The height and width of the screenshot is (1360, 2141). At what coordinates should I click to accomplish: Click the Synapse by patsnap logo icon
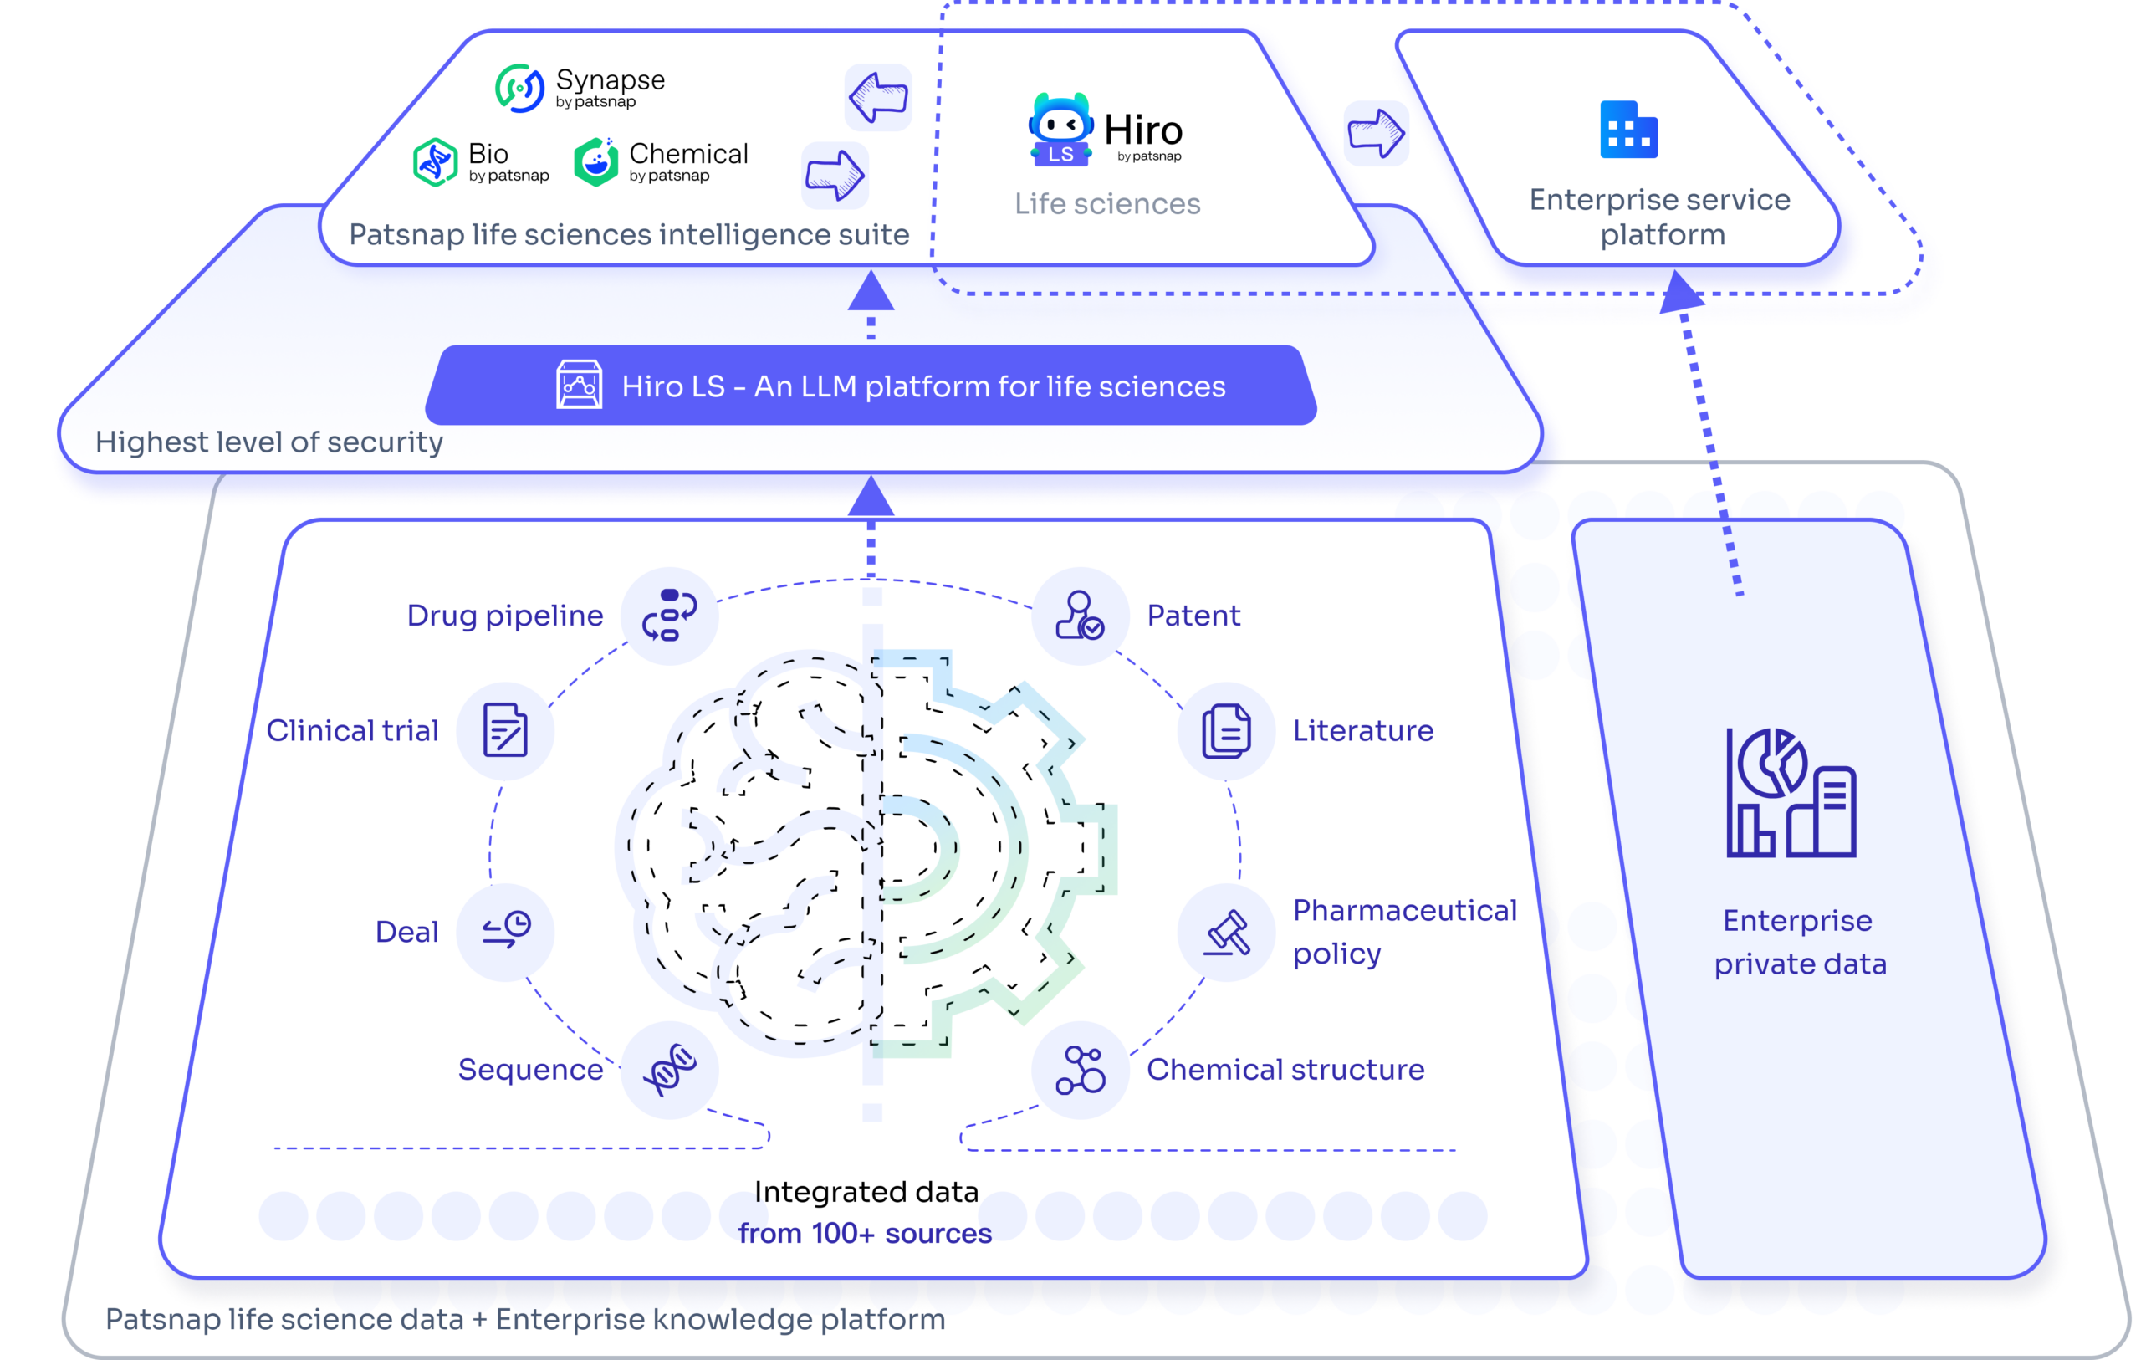pos(519,88)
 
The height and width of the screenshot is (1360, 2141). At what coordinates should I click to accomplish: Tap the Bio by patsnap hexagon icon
pos(436,162)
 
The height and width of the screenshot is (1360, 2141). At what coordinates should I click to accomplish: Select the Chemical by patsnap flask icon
pos(595,162)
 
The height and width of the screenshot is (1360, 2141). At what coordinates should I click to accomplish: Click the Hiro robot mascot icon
pos(1060,130)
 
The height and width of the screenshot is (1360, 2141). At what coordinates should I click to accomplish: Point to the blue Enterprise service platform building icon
pos(1629,130)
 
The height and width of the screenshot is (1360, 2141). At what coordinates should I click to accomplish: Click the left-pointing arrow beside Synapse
pos(878,97)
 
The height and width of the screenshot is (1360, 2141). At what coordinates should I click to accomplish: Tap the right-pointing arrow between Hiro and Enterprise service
pos(1377,134)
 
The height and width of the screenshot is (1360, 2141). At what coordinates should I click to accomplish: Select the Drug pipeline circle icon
pos(670,616)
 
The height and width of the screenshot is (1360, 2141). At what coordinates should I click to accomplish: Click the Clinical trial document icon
pos(505,730)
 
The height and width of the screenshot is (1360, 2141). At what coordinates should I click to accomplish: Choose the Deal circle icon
pos(505,931)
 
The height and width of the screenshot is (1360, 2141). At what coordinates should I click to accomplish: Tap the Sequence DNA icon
pos(670,1069)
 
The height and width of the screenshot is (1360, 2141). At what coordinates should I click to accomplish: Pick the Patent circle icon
pos(1081,616)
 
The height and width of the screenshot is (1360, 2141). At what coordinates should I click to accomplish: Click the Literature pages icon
pos(1227,730)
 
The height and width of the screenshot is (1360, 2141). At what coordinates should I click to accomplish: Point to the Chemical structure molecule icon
pos(1081,1069)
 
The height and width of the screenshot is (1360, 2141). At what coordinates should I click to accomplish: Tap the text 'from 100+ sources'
pos(864,1234)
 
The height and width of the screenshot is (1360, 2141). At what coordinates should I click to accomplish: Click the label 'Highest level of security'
pos(269,443)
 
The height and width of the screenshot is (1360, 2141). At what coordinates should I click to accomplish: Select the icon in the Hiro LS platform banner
pos(579,384)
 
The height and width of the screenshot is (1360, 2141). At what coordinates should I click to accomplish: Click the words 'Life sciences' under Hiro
pos(1107,204)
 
